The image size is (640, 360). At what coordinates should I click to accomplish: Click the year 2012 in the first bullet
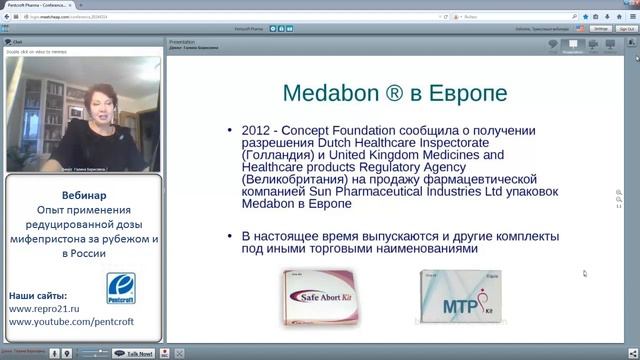[x=258, y=130]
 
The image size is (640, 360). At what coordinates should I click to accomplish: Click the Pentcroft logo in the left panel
[x=121, y=289]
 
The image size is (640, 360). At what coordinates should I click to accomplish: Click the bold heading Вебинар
[x=80, y=194]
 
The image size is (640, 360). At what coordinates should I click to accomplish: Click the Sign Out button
[x=626, y=29]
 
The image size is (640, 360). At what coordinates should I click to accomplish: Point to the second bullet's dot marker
[x=231, y=236]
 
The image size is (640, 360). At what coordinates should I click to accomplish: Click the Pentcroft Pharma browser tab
[x=40, y=5]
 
